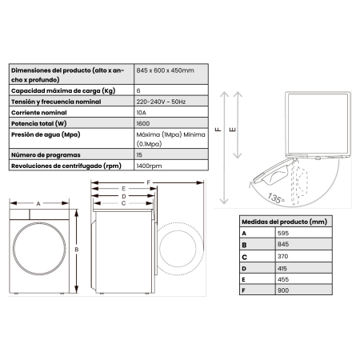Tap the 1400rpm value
[x=149, y=166]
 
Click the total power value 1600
[x=143, y=126]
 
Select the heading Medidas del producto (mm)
[x=285, y=221]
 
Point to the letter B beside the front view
[x=77, y=250]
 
